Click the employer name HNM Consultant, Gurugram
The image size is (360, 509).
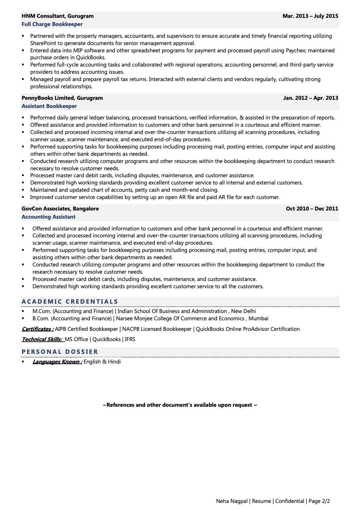pyautogui.click(x=57, y=16)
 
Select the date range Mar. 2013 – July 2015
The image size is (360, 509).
pyautogui.click(x=310, y=16)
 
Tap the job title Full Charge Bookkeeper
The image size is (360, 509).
pyautogui.click(x=52, y=24)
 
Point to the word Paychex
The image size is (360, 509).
pyautogui.click(x=295, y=51)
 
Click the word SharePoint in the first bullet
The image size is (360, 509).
pyautogui.click(x=44, y=43)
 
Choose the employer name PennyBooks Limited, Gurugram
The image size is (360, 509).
pyautogui.click(x=62, y=98)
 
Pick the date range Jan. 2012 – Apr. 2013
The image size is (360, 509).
pyautogui.click(x=310, y=98)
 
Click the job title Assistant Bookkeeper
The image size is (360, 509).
pyautogui.click(x=49, y=106)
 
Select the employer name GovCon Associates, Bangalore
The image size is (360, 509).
pyautogui.click(x=60, y=209)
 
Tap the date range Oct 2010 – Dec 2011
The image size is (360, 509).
pyautogui.click(x=312, y=209)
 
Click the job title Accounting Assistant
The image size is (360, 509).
pyautogui.click(x=48, y=217)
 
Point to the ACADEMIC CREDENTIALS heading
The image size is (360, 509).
pyautogui.click(x=70, y=302)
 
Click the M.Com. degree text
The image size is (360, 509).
pyautogui.click(x=72, y=311)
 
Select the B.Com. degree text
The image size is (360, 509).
pyautogui.click(x=72, y=318)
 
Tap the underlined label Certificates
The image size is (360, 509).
pyautogui.click(x=38, y=329)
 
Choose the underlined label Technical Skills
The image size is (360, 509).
pyautogui.click(x=42, y=339)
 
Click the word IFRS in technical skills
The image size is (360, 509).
pyautogui.click(x=130, y=339)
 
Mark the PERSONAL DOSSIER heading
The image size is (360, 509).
pyautogui.click(x=60, y=352)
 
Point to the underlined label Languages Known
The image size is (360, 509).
pyautogui.click(x=57, y=362)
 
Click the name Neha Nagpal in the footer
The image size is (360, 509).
pyautogui.click(x=232, y=501)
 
